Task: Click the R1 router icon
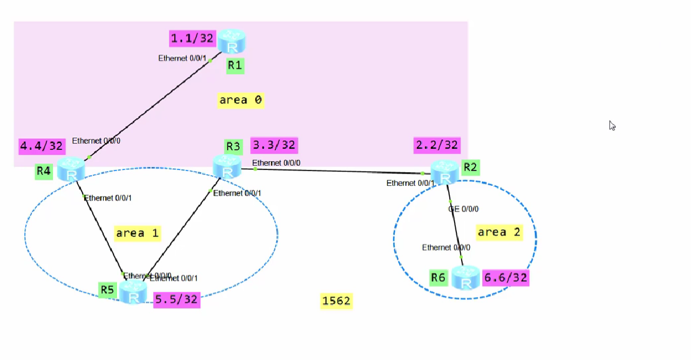tap(231, 42)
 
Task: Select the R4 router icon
tap(71, 169)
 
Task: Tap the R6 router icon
tap(466, 277)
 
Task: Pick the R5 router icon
tap(133, 292)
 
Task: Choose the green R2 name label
tap(470, 167)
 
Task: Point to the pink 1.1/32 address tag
tap(192, 39)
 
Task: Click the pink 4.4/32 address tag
tap(42, 146)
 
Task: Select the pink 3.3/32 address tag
tap(274, 145)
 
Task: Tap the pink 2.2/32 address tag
tap(437, 145)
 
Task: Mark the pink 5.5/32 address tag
tap(176, 300)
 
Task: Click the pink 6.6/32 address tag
tap(505, 278)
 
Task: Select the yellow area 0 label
tap(241, 101)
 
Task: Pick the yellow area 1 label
tap(137, 234)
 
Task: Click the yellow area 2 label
tap(499, 232)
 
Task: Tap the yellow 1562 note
tap(336, 301)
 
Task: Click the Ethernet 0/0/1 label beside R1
tap(182, 58)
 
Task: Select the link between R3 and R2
tap(338, 171)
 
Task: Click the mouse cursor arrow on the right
tap(612, 125)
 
